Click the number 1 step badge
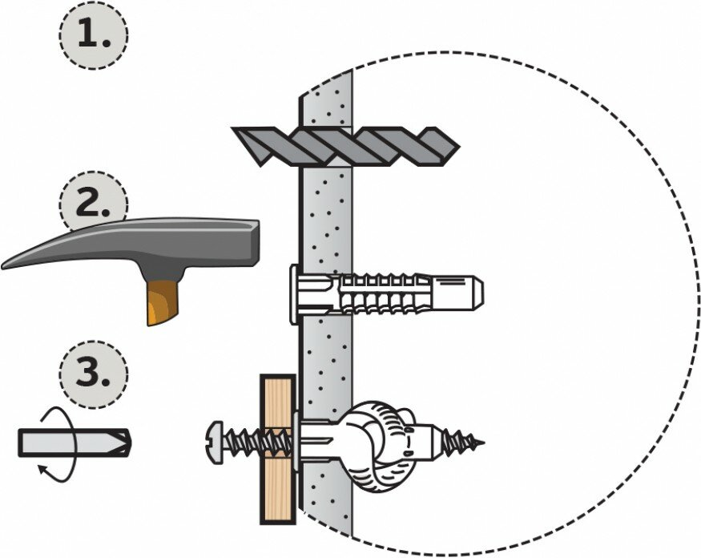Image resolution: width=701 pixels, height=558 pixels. coord(94,35)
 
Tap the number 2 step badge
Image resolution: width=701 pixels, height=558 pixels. coord(94,204)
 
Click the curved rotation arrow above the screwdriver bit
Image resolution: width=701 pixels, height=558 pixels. coord(56,417)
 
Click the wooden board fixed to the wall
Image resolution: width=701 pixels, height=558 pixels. coord(277,448)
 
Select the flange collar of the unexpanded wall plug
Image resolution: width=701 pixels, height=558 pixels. coord(295,293)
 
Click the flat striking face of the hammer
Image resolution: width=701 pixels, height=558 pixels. coord(253,244)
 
